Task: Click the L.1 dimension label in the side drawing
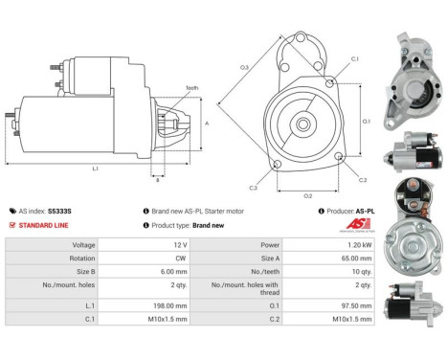[95, 169]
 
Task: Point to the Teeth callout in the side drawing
[190, 88]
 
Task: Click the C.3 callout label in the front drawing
[252, 187]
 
